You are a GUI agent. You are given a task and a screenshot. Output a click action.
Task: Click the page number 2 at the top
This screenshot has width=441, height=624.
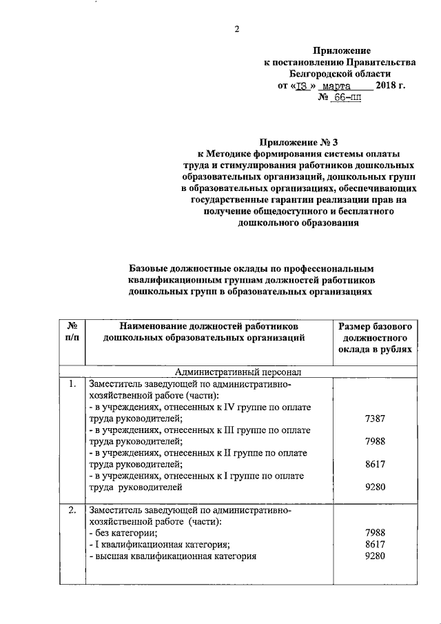236,28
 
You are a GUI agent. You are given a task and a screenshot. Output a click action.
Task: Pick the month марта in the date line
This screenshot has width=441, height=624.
337,86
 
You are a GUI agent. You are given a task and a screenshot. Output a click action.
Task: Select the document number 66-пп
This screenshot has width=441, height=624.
346,98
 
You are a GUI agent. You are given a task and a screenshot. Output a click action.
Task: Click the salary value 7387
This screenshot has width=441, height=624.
375,418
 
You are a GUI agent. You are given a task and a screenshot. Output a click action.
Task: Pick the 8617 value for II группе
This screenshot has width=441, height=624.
375,465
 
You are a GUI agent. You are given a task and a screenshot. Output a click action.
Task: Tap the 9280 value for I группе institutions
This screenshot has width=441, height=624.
375,487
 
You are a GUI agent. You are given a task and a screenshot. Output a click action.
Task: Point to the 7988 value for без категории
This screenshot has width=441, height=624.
375,533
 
